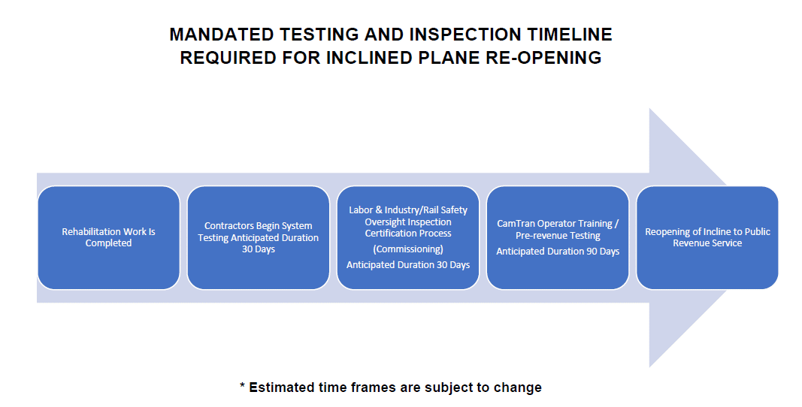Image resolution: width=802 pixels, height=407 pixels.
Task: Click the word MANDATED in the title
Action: pos(222,35)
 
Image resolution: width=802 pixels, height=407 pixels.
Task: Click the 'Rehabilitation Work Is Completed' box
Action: pos(109,238)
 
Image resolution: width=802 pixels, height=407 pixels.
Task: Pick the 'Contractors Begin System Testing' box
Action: pos(259,238)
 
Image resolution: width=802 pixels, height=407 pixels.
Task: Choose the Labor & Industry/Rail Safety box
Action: pos(408,238)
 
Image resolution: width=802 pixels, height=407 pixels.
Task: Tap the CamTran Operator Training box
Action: pos(558,238)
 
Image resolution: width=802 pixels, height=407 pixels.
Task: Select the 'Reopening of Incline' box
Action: pos(707,238)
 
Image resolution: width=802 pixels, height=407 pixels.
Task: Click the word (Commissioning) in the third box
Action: pos(408,249)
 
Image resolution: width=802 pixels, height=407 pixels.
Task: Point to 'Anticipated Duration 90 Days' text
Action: pos(558,251)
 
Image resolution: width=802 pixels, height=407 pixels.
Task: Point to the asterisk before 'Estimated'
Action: pos(243,385)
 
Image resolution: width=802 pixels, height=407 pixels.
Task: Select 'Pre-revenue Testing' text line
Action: pos(558,236)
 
